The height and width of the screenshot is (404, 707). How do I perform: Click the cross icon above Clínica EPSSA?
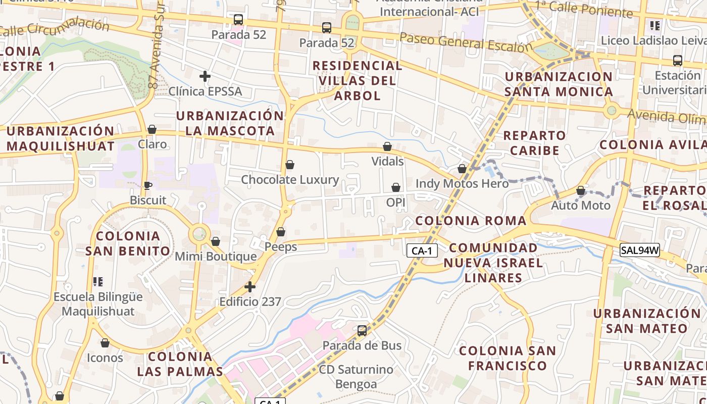(205, 76)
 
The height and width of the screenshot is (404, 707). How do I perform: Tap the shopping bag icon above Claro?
(152, 129)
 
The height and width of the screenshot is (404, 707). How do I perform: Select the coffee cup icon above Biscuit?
(147, 185)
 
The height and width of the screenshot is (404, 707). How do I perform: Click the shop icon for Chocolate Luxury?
(290, 165)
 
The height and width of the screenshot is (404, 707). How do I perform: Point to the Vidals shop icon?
(387, 146)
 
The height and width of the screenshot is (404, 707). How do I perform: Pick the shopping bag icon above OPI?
(396, 187)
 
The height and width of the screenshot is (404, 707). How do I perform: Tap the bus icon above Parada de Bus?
(362, 331)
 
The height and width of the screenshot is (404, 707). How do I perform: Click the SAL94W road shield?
(640, 249)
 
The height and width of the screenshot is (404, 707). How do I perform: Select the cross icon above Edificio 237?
(250, 287)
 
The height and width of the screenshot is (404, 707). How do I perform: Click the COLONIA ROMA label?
(471, 221)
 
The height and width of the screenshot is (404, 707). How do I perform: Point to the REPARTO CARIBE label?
(534, 143)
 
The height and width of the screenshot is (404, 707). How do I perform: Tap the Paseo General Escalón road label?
(466, 43)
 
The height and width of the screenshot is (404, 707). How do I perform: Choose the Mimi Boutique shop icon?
(216, 241)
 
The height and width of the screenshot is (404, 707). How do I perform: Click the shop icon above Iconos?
(105, 343)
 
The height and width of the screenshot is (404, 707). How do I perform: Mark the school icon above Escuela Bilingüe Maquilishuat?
(98, 281)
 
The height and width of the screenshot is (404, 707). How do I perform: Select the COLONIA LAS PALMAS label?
(180, 364)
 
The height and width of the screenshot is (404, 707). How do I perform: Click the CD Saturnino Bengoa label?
(356, 377)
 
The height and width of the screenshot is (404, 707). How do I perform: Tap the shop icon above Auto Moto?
(581, 190)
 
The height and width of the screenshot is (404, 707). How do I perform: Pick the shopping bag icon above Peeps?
(281, 232)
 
